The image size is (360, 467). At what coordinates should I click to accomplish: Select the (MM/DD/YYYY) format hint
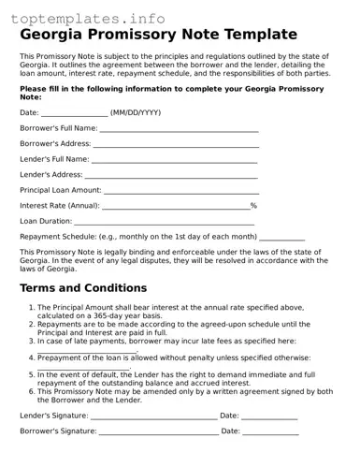point(136,112)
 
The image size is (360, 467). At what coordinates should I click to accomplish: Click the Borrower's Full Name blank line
point(179,128)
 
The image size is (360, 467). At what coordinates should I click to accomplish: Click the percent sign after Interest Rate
point(253,206)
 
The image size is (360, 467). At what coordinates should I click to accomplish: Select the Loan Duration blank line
point(164,222)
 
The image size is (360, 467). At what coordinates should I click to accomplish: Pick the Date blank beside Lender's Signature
point(269,416)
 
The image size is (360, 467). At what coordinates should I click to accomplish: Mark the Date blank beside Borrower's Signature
point(271,431)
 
